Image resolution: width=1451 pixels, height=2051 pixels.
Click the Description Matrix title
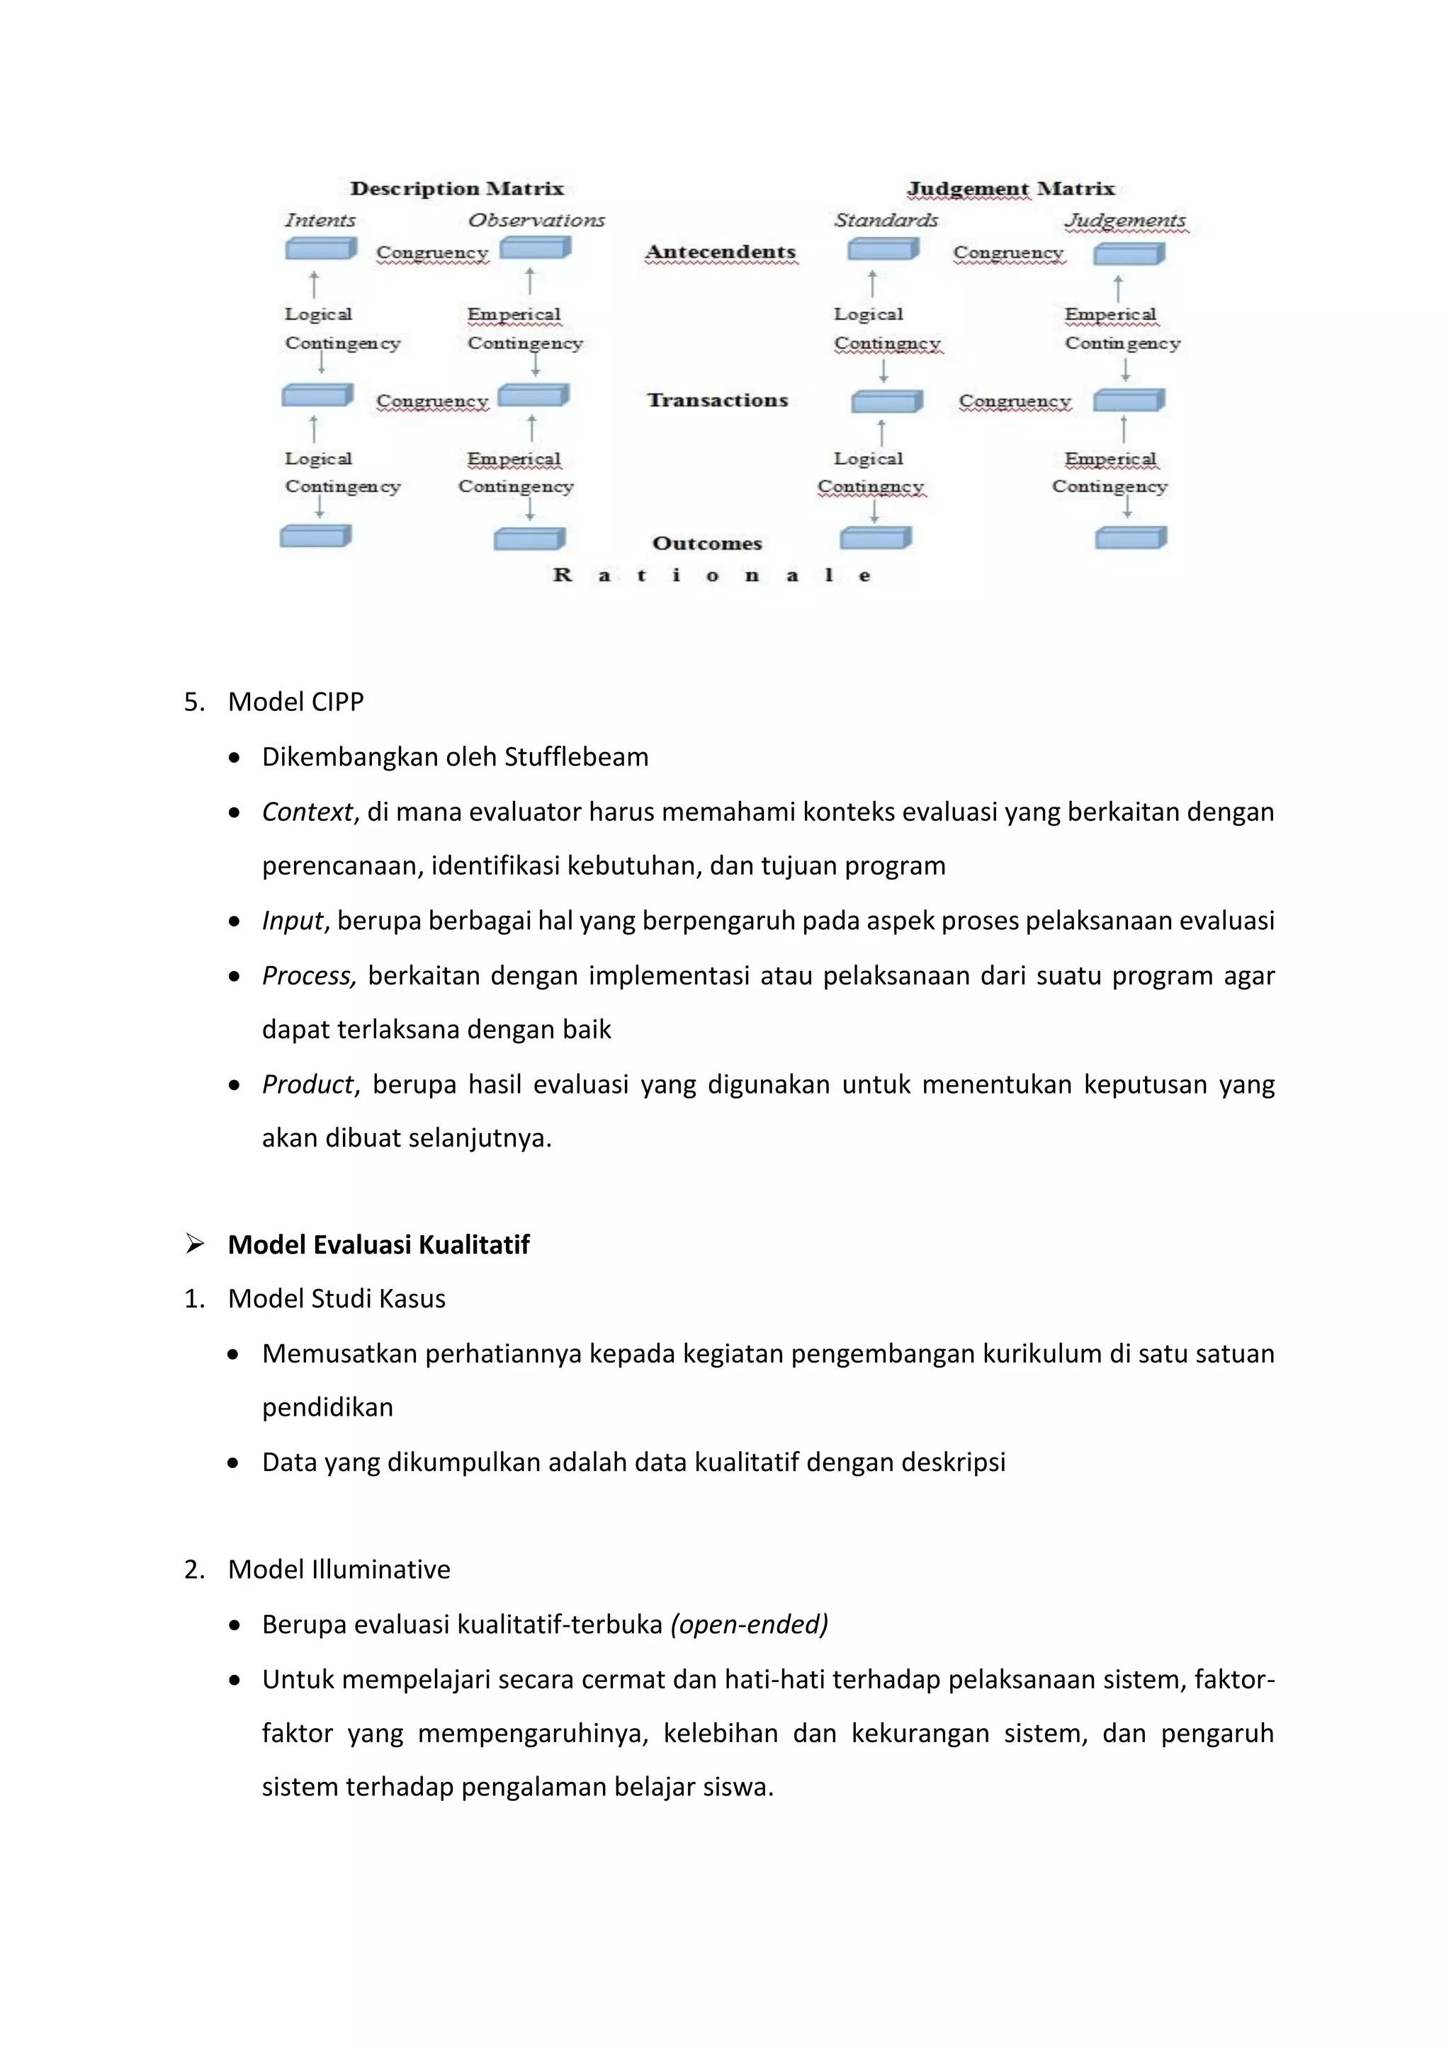click(x=456, y=188)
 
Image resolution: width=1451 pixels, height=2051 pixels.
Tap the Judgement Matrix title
click(x=1010, y=188)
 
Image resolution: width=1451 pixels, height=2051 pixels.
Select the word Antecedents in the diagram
click(x=720, y=252)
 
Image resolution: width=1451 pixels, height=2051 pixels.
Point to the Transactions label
click(x=718, y=400)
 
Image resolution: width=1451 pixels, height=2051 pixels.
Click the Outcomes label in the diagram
click(x=707, y=543)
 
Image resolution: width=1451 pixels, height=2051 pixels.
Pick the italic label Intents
click(x=320, y=220)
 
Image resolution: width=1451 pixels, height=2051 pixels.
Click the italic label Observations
click(x=536, y=220)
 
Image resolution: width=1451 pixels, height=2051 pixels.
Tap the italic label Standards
click(x=886, y=220)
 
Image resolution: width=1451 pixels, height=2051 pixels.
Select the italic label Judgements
click(x=1125, y=220)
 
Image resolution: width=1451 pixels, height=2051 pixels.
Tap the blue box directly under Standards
click(x=883, y=249)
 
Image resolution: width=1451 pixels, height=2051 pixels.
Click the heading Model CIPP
click(x=295, y=701)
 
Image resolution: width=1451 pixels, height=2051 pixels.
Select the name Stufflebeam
click(x=576, y=756)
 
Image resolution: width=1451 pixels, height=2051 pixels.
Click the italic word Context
click(x=307, y=812)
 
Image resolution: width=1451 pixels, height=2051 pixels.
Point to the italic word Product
click(x=308, y=1084)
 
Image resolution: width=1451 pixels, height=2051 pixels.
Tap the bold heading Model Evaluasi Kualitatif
click(x=379, y=1244)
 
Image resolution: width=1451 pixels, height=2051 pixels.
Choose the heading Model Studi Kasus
click(x=337, y=1299)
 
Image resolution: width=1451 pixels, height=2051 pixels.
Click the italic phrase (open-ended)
click(x=749, y=1624)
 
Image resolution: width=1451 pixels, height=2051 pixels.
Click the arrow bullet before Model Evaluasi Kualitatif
click(x=195, y=1244)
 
